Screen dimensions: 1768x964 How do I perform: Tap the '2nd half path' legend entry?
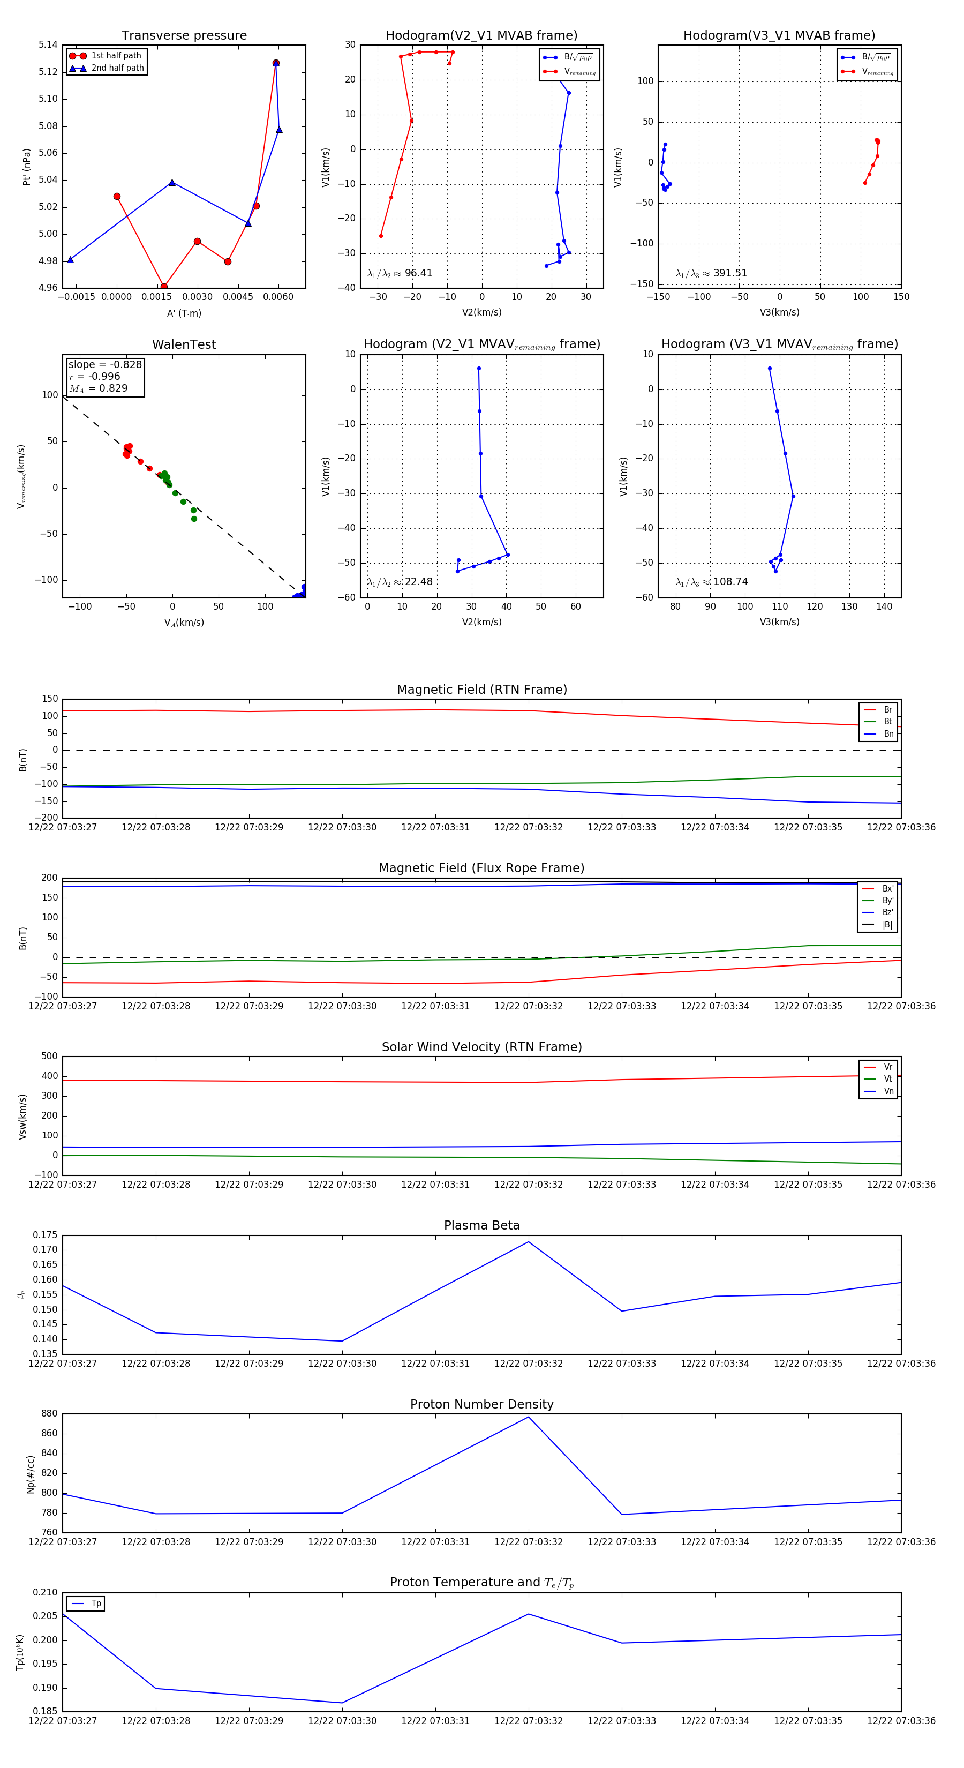click(x=117, y=68)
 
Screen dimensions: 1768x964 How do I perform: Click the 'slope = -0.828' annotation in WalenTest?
click(x=105, y=364)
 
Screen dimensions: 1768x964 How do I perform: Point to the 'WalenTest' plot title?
click(x=184, y=344)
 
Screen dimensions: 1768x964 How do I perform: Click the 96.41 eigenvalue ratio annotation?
click(x=400, y=273)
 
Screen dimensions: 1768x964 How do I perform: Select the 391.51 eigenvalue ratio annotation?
click(x=712, y=273)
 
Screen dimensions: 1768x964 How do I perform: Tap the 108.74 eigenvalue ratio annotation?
click(x=712, y=582)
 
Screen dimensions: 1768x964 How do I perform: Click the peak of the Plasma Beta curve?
click(x=528, y=1241)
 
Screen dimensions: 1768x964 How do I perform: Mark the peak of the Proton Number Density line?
click(x=528, y=1417)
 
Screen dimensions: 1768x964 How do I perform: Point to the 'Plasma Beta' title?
click(x=481, y=1226)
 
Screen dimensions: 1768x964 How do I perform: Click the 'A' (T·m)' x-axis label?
click(x=184, y=313)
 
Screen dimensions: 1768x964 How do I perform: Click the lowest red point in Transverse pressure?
click(x=164, y=287)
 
